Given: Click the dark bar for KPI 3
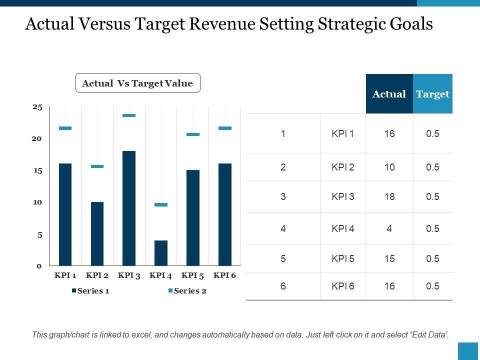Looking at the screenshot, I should (129, 207).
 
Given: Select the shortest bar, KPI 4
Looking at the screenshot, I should (161, 252).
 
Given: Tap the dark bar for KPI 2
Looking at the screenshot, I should (97, 233).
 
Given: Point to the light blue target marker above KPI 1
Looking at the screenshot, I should (65, 128).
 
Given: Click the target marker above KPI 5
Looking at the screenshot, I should (193, 134).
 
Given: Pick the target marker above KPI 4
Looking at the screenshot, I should (161, 205).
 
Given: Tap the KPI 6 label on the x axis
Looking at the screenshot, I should (225, 275).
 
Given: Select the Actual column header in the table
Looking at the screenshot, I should (389, 94).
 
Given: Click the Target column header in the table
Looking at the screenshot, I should (432, 94).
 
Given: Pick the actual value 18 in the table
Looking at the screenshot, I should (389, 196).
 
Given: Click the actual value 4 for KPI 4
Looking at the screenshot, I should (389, 228).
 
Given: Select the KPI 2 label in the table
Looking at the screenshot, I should (343, 167).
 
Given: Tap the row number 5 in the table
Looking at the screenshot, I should (283, 258).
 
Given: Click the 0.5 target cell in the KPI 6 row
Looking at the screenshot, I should (432, 286).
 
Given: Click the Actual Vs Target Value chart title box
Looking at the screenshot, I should (137, 83).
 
